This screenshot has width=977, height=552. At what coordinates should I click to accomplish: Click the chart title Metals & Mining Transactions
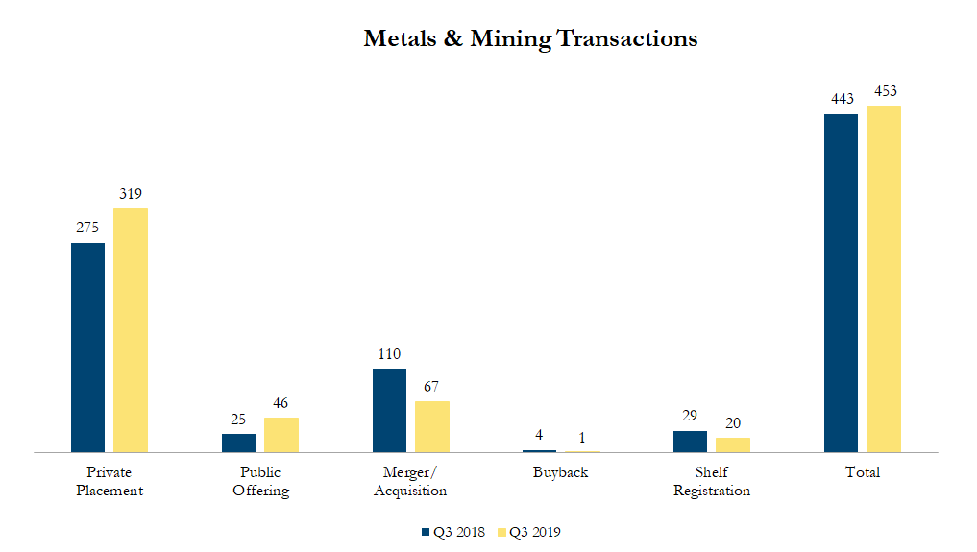[530, 39]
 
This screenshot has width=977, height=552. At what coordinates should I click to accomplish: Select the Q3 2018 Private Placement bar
[88, 347]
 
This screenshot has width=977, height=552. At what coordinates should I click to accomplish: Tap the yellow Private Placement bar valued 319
[131, 329]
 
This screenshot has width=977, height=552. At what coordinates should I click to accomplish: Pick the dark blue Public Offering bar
[239, 443]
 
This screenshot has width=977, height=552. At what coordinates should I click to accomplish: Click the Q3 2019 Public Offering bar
[281, 434]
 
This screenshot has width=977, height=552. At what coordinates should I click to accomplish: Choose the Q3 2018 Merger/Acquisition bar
[389, 410]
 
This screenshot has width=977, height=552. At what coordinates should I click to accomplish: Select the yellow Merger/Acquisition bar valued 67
[432, 426]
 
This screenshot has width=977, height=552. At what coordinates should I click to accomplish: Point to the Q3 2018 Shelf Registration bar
[690, 441]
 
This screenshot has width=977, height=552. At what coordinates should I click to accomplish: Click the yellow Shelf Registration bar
[733, 444]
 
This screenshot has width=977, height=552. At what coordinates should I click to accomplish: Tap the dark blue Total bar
[841, 282]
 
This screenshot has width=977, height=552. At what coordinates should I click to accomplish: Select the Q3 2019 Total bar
[884, 278]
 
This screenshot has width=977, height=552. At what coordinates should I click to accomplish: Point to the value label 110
[389, 354]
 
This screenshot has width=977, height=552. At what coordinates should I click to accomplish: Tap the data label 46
[281, 403]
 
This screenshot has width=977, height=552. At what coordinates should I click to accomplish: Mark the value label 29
[690, 417]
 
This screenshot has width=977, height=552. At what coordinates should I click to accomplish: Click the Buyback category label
[561, 472]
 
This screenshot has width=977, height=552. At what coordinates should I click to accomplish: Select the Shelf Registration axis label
[711, 481]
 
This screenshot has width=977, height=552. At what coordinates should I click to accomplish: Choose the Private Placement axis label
[110, 481]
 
